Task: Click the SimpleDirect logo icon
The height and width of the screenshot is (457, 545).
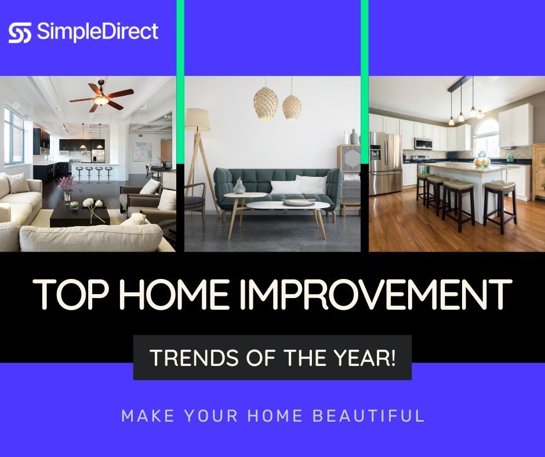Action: (20, 32)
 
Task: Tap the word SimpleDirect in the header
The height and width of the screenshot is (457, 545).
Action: (97, 32)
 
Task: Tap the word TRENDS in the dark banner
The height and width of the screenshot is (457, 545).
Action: (183, 358)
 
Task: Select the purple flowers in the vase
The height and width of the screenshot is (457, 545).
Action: (66, 185)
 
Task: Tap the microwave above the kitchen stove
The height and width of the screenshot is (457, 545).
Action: (423, 143)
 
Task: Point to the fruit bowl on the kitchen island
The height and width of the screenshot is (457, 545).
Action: (481, 159)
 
